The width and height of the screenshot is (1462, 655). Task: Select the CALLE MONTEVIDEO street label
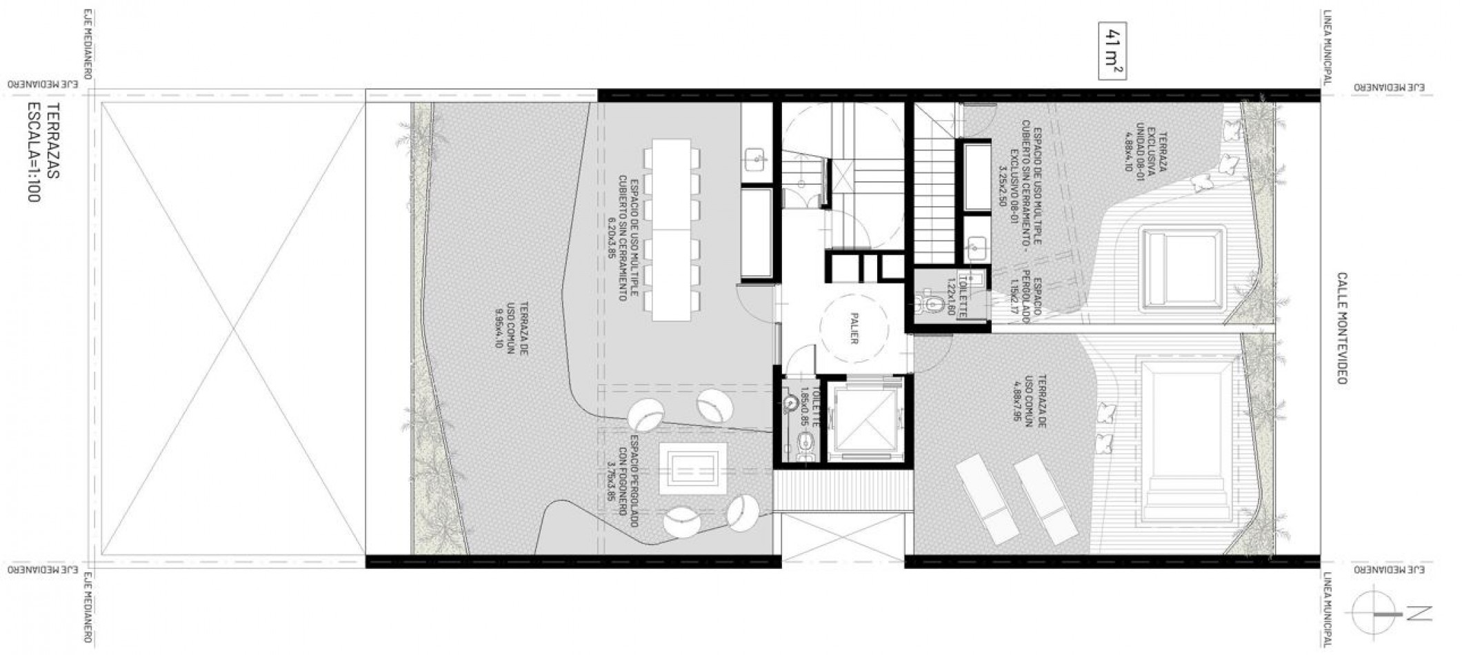click(1341, 328)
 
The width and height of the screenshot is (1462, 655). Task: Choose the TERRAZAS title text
click(54, 141)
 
